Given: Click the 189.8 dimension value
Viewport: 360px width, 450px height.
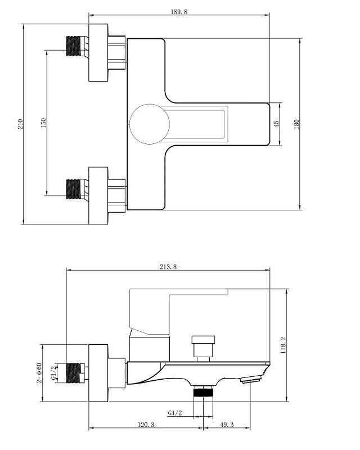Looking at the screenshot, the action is pos(179,12).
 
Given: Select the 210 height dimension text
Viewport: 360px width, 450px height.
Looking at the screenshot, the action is pos(20,124).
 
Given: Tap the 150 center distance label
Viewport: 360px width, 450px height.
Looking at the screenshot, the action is pos(43,123).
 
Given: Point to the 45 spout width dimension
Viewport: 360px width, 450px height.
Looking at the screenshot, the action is pos(276,124).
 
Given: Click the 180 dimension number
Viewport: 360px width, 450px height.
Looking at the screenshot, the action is pos(296,124).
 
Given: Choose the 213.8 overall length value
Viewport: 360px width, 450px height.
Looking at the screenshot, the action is pos(168,267).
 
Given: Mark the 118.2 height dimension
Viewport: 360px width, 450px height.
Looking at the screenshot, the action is pos(283,345).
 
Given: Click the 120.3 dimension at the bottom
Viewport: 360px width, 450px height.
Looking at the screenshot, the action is pos(146,425).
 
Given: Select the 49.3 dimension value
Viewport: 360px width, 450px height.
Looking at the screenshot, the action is pos(227,425).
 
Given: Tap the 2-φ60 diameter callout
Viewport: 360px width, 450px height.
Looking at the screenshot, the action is pos(39,373).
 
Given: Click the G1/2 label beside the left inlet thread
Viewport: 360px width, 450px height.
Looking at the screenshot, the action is pos(53,373).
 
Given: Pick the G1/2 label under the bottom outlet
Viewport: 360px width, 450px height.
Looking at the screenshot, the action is pos(175,413).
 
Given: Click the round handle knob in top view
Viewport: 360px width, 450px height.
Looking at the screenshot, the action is pos(149,124).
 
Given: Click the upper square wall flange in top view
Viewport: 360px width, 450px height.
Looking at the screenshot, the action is pos(98,52).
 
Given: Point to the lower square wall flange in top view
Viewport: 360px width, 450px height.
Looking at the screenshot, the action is pos(98,196).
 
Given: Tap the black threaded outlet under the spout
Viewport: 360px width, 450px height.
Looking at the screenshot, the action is pos(203,391).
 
